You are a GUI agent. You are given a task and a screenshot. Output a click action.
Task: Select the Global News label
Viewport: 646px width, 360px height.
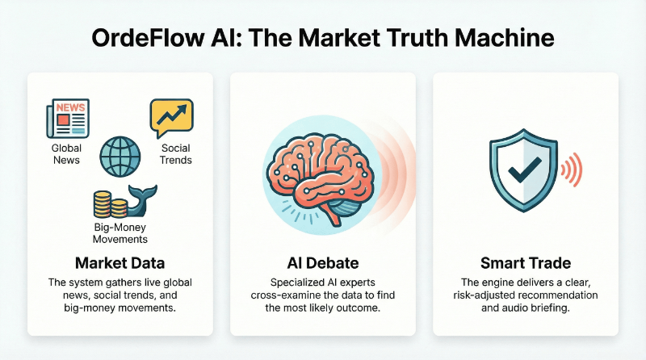[x=66, y=154]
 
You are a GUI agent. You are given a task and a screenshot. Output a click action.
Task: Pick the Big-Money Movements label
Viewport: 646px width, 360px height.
[x=120, y=234]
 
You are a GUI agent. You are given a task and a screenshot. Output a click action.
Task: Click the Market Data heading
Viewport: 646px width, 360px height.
[x=120, y=262]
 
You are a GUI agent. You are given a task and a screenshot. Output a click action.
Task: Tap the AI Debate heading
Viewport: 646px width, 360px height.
[x=322, y=262]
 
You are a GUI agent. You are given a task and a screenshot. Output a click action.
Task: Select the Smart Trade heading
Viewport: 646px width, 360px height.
[x=526, y=262]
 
